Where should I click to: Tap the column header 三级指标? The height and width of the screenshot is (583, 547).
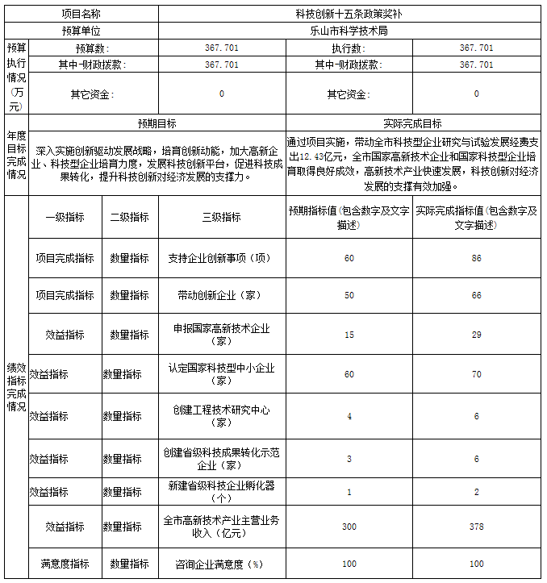221,217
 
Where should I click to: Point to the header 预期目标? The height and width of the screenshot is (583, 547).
157,124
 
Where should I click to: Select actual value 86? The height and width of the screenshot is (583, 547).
476,258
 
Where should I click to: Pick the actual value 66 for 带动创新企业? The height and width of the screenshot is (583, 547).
476,296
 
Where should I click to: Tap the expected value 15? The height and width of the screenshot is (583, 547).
349,334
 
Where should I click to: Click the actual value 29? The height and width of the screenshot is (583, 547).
476,334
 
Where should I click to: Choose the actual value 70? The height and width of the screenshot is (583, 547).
476,374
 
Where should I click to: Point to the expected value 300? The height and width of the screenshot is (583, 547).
349,527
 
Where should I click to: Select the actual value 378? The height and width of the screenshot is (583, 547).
476,527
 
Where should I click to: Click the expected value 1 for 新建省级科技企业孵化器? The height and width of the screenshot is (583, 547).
349,492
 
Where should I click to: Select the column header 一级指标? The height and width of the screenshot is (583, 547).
65,217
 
